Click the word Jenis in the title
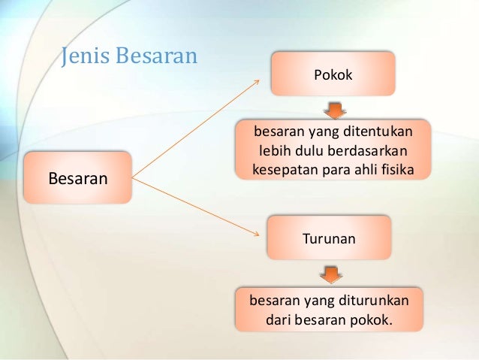[x=83, y=57]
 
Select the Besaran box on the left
[x=77, y=179]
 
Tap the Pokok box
[x=333, y=74]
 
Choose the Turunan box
[x=328, y=239]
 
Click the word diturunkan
[x=373, y=301]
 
